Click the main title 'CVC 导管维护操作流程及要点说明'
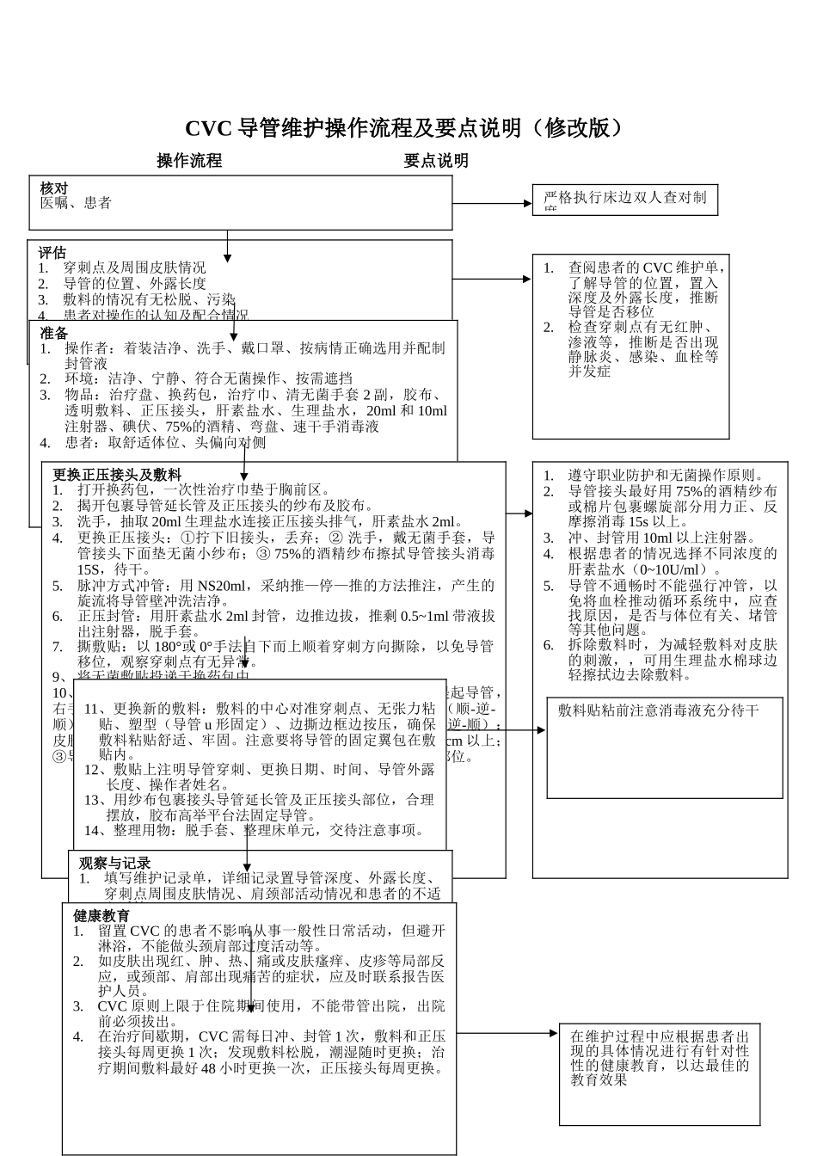pos(402,129)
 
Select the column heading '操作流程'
pos(189,161)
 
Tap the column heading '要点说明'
pos(436,161)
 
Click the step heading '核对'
pos(54,188)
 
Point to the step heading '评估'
pos(52,253)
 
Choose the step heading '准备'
pos(53,333)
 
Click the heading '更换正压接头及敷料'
pos(117,475)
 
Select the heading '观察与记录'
pos(115,864)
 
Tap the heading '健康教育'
pos(101,916)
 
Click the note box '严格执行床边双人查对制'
pos(624,199)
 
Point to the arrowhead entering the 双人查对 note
pos(527,204)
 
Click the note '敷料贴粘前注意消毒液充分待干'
pos(659,710)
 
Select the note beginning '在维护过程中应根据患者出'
pos(660,1058)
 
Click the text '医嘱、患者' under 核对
pos(76,203)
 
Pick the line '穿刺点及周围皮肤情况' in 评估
pos(134,268)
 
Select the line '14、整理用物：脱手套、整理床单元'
pos(254,830)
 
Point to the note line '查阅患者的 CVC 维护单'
pos(647,268)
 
